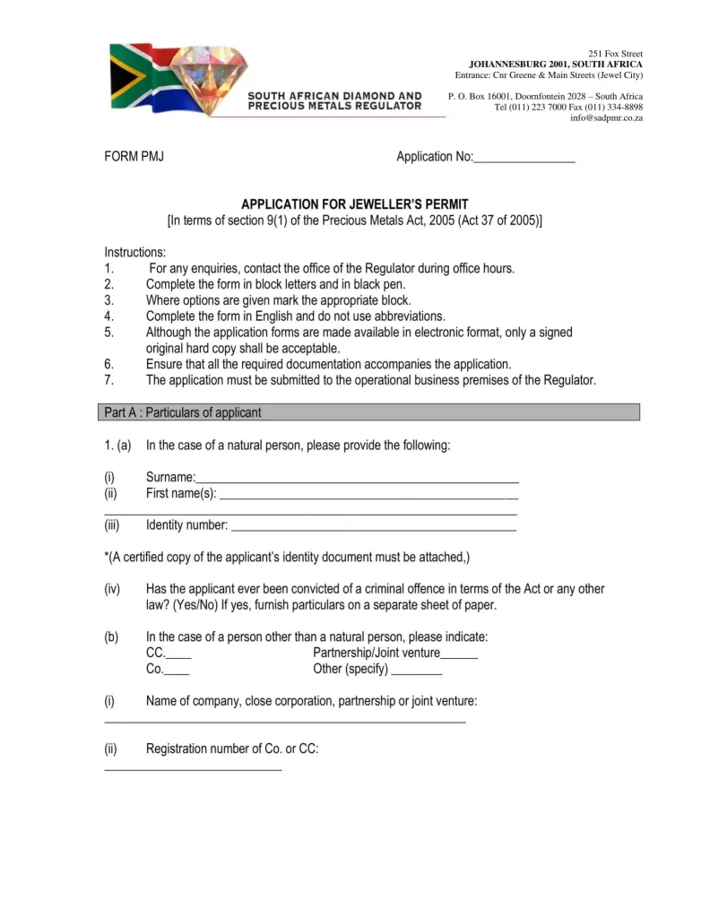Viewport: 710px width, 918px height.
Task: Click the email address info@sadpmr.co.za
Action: point(606,118)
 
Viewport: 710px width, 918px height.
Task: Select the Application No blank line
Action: point(524,159)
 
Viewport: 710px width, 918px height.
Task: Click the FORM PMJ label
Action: point(134,157)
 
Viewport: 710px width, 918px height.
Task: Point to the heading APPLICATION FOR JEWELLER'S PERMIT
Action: point(354,204)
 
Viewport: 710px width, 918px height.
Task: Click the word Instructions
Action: point(134,253)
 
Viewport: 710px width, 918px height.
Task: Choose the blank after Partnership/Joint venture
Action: point(459,654)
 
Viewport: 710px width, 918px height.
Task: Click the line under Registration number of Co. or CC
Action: point(193,768)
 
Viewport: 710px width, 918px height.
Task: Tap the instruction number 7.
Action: point(108,380)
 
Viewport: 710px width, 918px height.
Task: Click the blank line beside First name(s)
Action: point(368,495)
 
